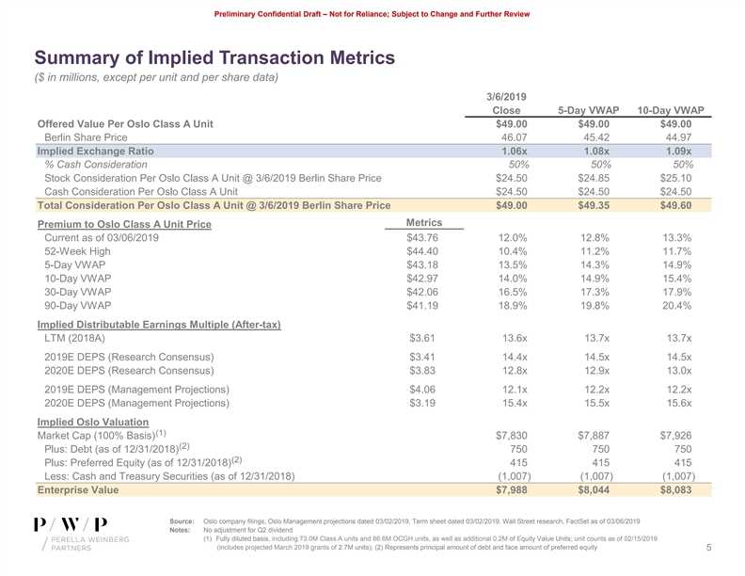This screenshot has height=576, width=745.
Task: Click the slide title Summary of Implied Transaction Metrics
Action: pyautogui.click(x=214, y=58)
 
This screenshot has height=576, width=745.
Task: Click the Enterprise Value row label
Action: pyautogui.click(x=77, y=489)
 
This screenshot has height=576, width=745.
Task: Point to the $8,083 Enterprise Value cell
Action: pyautogui.click(x=675, y=489)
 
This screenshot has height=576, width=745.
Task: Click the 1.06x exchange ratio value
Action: pyautogui.click(x=514, y=151)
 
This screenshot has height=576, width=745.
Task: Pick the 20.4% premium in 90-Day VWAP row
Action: pyautogui.click(x=675, y=306)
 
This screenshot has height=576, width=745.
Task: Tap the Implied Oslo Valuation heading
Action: pyautogui.click(x=92, y=421)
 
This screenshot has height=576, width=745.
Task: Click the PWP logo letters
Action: pyautogui.click(x=70, y=525)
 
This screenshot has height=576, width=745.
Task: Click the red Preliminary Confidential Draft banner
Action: pyautogui.click(x=372, y=13)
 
